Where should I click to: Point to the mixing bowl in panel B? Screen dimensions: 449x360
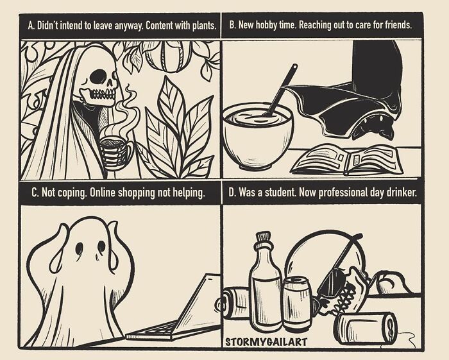(258, 135)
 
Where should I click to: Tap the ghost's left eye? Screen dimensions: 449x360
(80, 248)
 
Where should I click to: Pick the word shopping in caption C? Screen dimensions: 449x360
(137, 193)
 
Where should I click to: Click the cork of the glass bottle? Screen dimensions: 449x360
(263, 237)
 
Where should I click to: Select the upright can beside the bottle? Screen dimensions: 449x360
(297, 303)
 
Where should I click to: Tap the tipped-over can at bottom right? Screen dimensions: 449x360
(367, 328)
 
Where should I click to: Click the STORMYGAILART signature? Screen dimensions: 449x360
(266, 342)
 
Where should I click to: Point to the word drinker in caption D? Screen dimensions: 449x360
(402, 192)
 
